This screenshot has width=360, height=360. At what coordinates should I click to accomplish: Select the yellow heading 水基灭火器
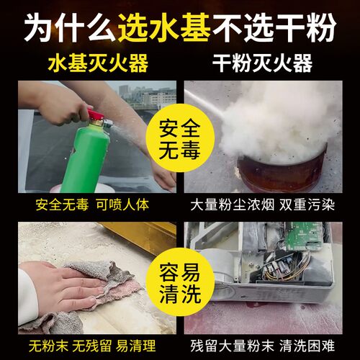pyautogui.click(x=98, y=63)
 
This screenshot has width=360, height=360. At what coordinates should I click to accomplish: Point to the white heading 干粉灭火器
pyautogui.click(x=263, y=63)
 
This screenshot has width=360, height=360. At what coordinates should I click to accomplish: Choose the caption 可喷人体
pyautogui.click(x=122, y=205)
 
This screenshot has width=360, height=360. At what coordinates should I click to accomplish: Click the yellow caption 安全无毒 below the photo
pyautogui.click(x=62, y=205)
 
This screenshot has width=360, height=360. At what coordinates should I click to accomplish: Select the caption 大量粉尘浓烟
pyautogui.click(x=233, y=205)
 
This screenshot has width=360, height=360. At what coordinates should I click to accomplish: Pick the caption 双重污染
pyautogui.click(x=307, y=205)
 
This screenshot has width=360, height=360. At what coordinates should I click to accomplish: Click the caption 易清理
pyautogui.click(x=136, y=346)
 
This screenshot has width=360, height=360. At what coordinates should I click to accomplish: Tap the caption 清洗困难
pyautogui.click(x=307, y=346)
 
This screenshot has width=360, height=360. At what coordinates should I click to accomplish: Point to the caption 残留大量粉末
pyautogui.click(x=233, y=346)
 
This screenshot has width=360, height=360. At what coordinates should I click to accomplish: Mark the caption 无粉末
pyautogui.click(x=49, y=346)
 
